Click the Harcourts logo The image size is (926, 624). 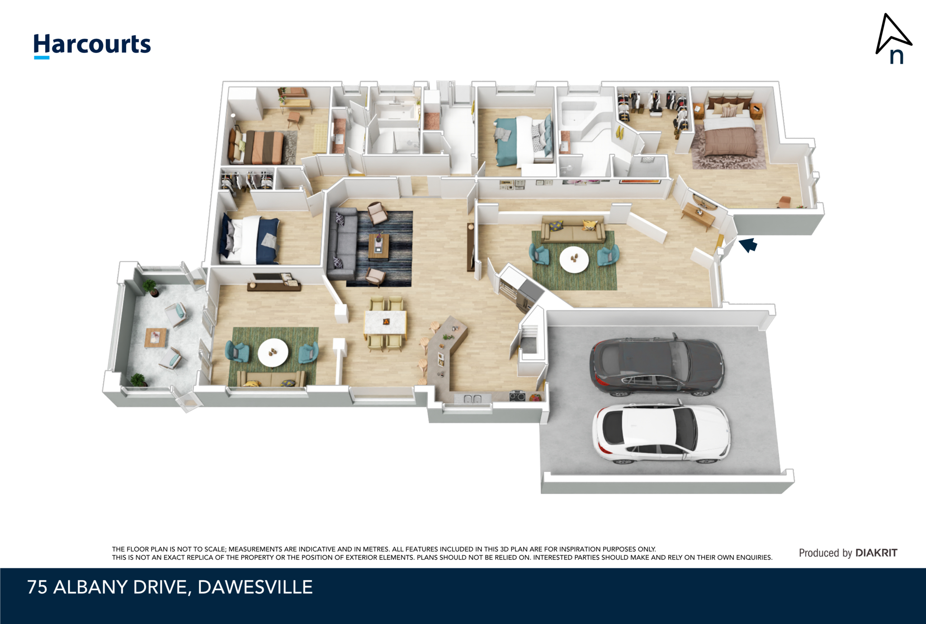click(x=92, y=46)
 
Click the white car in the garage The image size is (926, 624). click(x=661, y=434)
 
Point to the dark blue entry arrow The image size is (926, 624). click(x=748, y=245)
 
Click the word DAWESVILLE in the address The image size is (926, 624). click(x=255, y=587)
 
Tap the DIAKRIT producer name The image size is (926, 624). click(x=876, y=553)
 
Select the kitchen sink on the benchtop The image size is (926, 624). click(x=473, y=398)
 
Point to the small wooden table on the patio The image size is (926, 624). click(x=156, y=337)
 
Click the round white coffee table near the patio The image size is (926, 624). click(x=273, y=352)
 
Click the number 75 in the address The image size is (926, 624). click(x=37, y=587)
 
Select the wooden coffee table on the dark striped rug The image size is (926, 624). click(x=378, y=247)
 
